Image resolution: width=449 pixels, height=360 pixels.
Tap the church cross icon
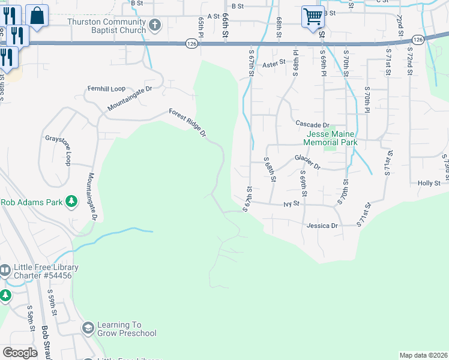pos(155,25)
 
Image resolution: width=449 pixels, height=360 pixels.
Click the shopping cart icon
pos(312,17)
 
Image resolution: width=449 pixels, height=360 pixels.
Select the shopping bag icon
pos(37,16)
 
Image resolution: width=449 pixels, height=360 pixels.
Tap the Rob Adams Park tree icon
pos(71,202)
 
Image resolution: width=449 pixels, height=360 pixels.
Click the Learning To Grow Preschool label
pos(127,329)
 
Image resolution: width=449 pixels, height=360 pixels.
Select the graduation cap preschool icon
pos(88,328)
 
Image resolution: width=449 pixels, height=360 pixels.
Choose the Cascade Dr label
pos(313,124)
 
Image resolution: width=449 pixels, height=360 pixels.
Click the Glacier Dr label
pos(307,161)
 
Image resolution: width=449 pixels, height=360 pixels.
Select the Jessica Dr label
pos(322,226)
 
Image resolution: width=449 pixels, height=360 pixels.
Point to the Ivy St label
pos(291,204)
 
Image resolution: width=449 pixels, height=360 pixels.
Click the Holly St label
pos(429,183)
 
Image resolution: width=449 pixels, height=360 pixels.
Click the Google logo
pos(20,353)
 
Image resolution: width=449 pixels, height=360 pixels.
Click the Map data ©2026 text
pos(423,355)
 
